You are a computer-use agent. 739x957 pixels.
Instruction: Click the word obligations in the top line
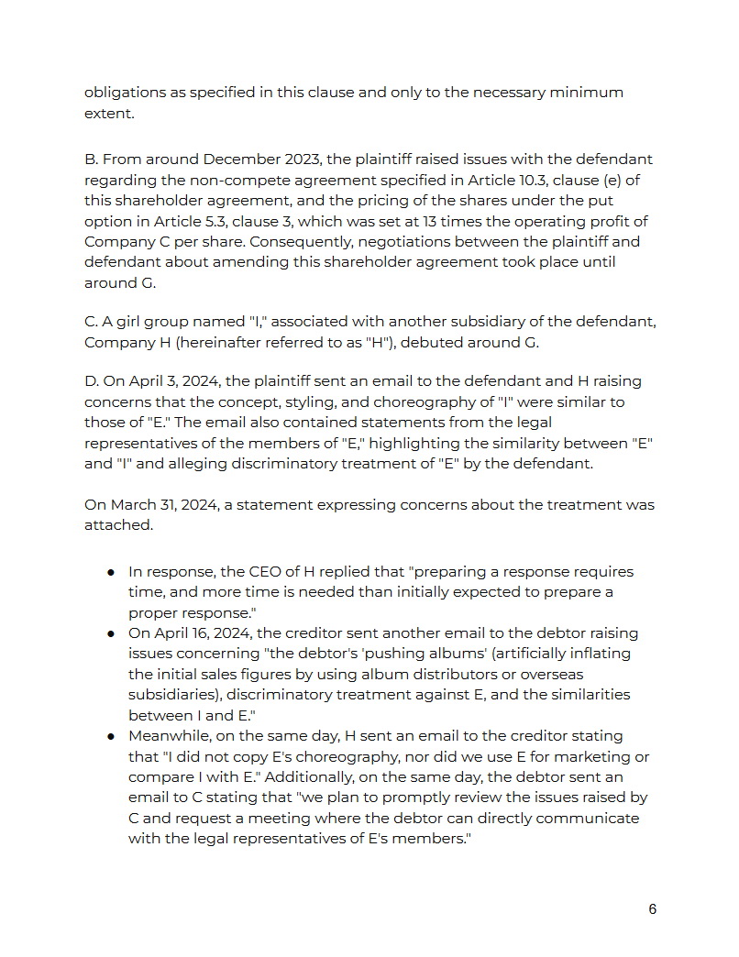[x=126, y=93]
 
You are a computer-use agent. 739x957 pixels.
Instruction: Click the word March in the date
[x=135, y=505]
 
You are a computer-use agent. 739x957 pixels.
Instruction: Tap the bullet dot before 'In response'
[x=110, y=572]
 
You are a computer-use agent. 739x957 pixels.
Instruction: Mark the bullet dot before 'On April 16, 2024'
[x=110, y=633]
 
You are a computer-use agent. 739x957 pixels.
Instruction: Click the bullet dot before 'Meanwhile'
[x=110, y=736]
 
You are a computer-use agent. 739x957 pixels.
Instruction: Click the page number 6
[x=652, y=909]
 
